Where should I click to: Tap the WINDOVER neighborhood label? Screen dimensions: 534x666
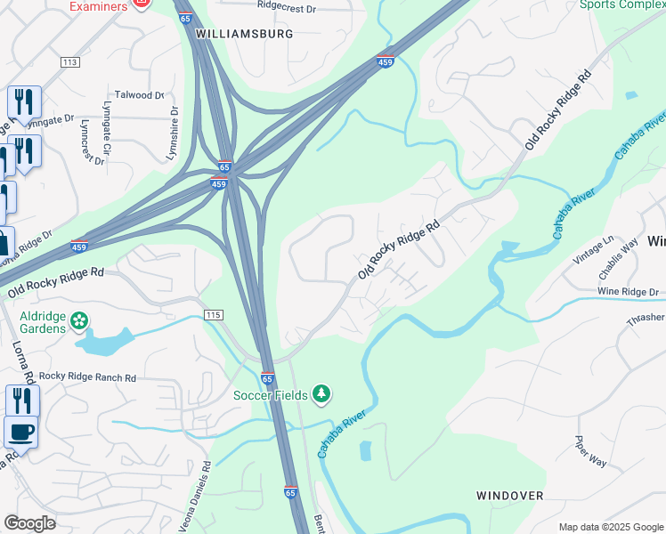click(x=509, y=495)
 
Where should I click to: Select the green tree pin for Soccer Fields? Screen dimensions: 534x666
click(x=321, y=394)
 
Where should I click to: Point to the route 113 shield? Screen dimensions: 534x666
click(x=70, y=61)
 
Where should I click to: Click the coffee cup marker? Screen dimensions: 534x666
click(x=21, y=433)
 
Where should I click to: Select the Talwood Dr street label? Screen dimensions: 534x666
click(x=139, y=94)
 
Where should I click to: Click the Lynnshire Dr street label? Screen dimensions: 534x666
click(x=174, y=134)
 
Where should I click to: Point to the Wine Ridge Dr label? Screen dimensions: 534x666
click(x=628, y=292)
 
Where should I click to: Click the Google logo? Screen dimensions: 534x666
click(x=29, y=523)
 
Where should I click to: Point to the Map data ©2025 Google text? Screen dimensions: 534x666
click(x=610, y=527)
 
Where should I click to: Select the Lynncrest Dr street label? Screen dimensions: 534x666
click(x=93, y=142)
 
